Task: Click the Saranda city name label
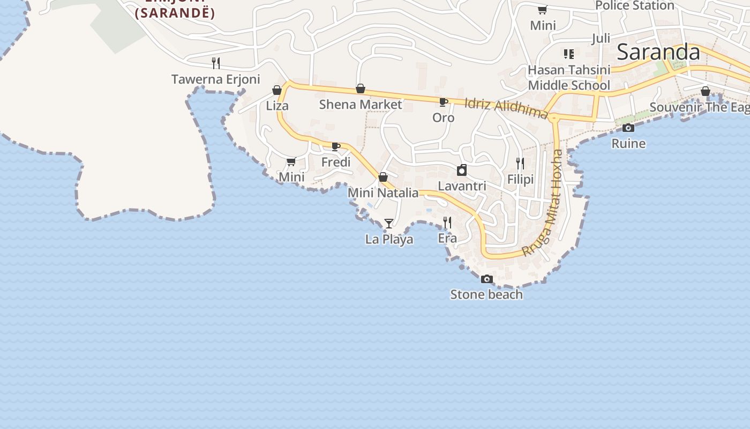[x=658, y=53]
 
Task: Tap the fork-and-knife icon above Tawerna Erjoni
[x=216, y=63]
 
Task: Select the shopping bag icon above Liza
[x=277, y=90]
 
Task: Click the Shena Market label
[x=361, y=104]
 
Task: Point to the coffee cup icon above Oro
[x=443, y=102]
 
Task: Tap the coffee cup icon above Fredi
[x=336, y=146]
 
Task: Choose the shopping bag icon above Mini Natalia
[x=383, y=177]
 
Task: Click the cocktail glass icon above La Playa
[x=389, y=223]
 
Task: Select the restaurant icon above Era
[x=447, y=222]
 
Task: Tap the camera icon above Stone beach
[x=486, y=279]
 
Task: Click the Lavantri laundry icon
[x=462, y=171]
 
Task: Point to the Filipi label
[x=520, y=179]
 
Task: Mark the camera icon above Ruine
[x=628, y=128]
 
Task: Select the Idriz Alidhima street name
[x=506, y=108]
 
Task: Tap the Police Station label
[x=634, y=5]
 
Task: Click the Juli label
[x=601, y=39]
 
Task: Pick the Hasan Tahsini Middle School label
[x=569, y=78]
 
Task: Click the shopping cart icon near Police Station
[x=542, y=10]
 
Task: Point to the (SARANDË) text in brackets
[x=175, y=13]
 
